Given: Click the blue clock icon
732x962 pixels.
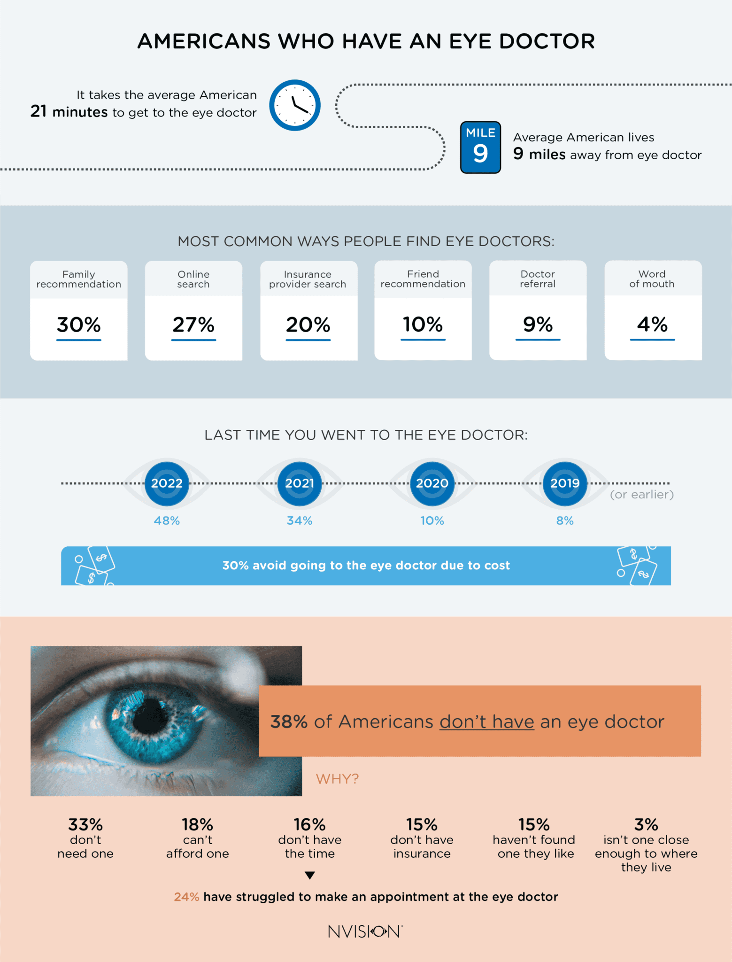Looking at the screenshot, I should pyautogui.click(x=295, y=105).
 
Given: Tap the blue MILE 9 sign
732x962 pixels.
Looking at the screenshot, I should pyautogui.click(x=480, y=147).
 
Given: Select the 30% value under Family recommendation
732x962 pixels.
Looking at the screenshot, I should pyautogui.click(x=79, y=325).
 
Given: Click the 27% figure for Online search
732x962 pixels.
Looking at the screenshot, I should pyautogui.click(x=193, y=325).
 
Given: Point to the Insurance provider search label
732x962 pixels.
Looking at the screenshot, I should pyautogui.click(x=308, y=279).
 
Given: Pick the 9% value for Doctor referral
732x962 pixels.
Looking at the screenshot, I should pyautogui.click(x=538, y=324).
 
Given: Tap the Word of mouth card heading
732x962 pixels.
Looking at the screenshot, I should pyautogui.click(x=652, y=279).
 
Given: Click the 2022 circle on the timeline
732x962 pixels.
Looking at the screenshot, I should pyautogui.click(x=167, y=483).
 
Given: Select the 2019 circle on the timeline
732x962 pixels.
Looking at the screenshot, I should pyautogui.click(x=565, y=483).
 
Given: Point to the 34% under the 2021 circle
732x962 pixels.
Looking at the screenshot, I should pyautogui.click(x=300, y=520).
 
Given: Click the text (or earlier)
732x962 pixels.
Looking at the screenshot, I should pyautogui.click(x=641, y=495).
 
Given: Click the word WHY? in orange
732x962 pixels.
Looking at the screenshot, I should pyautogui.click(x=337, y=779).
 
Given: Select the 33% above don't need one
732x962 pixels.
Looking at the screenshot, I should pyautogui.click(x=85, y=824).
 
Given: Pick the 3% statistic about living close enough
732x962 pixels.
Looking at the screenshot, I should pyautogui.click(x=646, y=824).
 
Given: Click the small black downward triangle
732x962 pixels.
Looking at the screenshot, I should pyautogui.click(x=309, y=875).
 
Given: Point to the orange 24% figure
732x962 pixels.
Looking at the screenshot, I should pyautogui.click(x=186, y=897).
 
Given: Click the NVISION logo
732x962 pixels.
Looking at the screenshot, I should pyautogui.click(x=365, y=931).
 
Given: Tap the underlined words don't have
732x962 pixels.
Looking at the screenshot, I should pyautogui.click(x=486, y=722).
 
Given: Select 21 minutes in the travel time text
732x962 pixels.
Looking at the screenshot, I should pyautogui.click(x=69, y=112).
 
